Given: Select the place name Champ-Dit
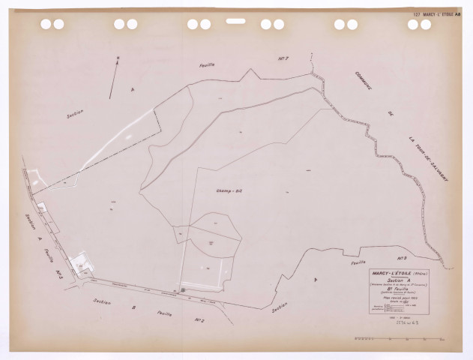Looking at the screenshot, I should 226,192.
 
